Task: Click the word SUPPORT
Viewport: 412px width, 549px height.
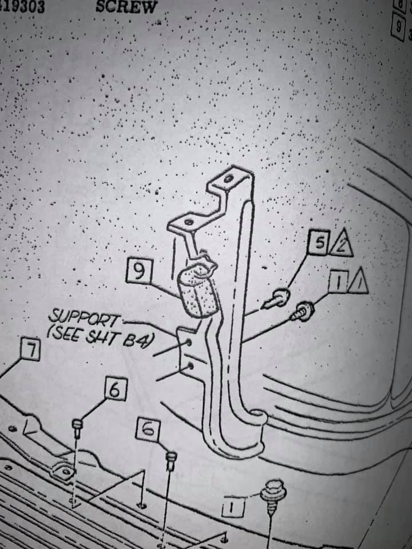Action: [85, 316]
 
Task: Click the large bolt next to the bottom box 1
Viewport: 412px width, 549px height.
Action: [270, 493]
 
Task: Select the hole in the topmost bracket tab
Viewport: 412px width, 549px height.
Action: [229, 180]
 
